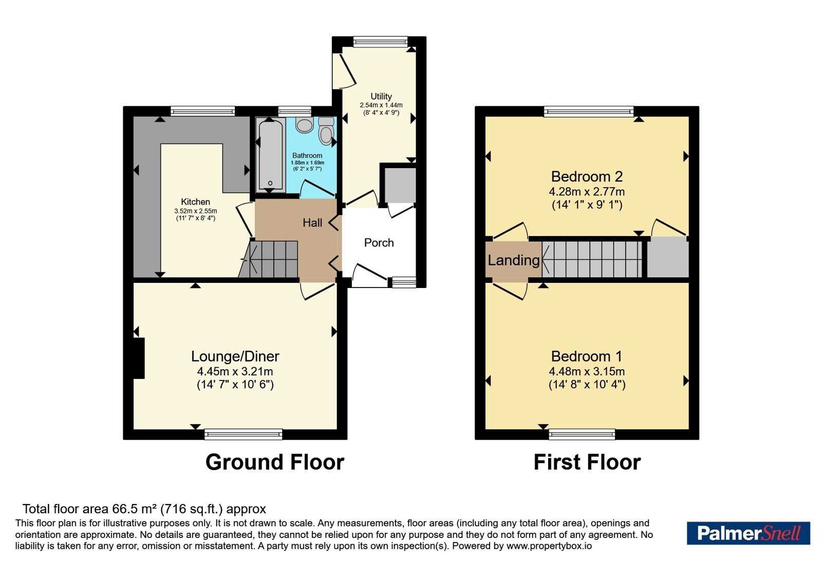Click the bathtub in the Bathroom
tap(270, 155)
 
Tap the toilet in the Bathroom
tap(326, 131)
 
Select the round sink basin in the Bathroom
tap(304, 125)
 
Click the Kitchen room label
tap(196, 202)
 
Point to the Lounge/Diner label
tap(235, 356)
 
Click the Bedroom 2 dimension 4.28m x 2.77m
tap(587, 191)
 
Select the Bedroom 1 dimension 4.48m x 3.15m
tap(587, 371)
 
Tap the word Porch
tap(379, 242)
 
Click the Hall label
tap(312, 223)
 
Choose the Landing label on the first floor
tap(513, 260)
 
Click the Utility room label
tap(381, 96)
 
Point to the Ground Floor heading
tap(275, 462)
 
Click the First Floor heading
tap(587, 462)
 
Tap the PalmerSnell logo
tap(748, 533)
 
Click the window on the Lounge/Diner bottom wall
tap(244, 434)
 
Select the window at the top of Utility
tap(381, 42)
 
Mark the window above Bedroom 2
tap(589, 111)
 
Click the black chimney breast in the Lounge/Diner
tap(139, 358)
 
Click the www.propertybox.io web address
tap(549, 546)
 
